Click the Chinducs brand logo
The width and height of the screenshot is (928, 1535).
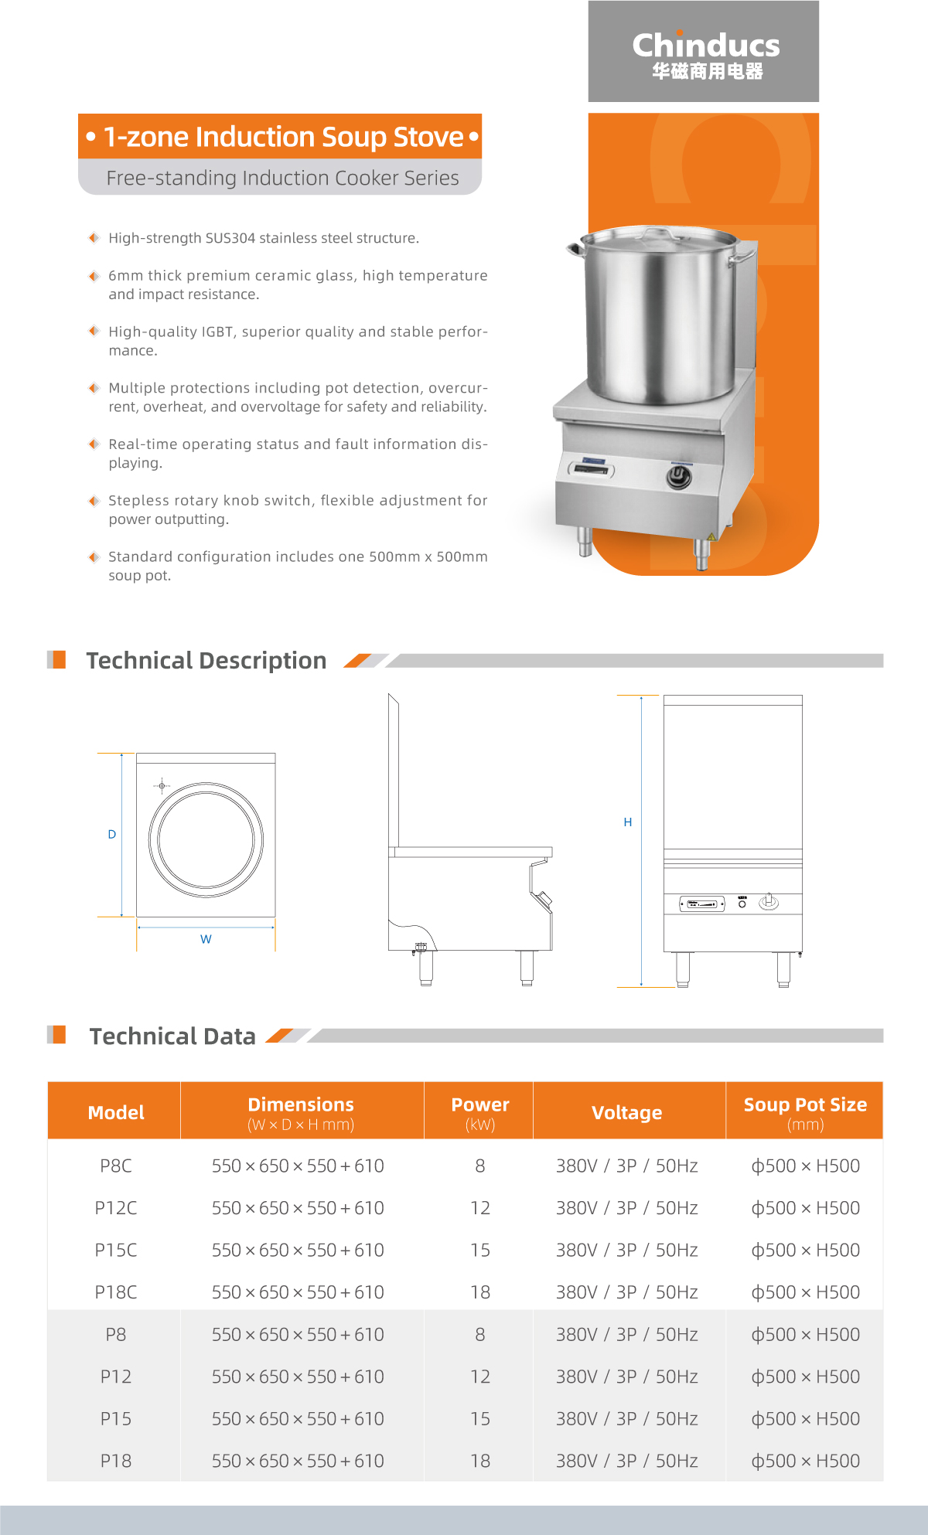[705, 54]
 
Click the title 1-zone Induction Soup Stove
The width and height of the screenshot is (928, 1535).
[283, 137]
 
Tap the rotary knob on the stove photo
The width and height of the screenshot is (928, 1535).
[679, 477]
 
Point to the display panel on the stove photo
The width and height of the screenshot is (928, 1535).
[592, 468]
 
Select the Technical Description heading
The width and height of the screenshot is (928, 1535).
[206, 661]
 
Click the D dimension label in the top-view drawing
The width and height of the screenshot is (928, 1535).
[112, 835]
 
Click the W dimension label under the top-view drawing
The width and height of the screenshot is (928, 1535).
[206, 939]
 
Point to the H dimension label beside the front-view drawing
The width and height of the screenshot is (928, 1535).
[628, 822]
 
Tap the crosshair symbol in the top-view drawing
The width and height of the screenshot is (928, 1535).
[162, 786]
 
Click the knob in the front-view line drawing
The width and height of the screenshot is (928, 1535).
[769, 901]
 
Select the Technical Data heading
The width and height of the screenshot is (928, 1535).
[172, 1036]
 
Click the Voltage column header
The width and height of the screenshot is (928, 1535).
[626, 1112]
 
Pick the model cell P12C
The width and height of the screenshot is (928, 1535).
[116, 1208]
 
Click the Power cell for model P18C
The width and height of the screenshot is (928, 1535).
[480, 1292]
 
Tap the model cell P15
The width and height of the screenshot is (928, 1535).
[116, 1419]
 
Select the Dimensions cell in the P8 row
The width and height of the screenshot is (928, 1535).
[298, 1335]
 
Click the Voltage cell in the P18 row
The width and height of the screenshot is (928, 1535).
[626, 1461]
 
